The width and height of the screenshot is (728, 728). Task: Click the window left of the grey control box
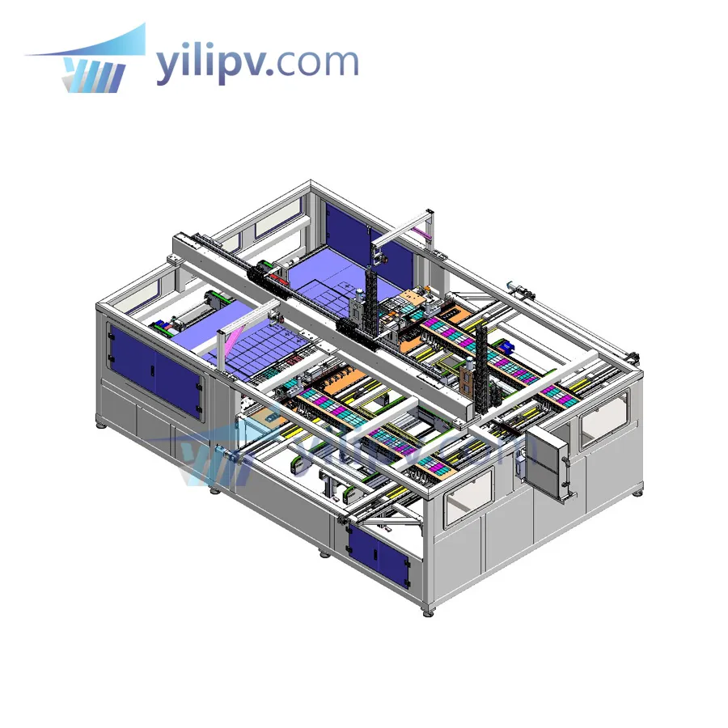click(469, 494)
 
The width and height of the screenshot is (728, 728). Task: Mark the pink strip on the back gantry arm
click(421, 234)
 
